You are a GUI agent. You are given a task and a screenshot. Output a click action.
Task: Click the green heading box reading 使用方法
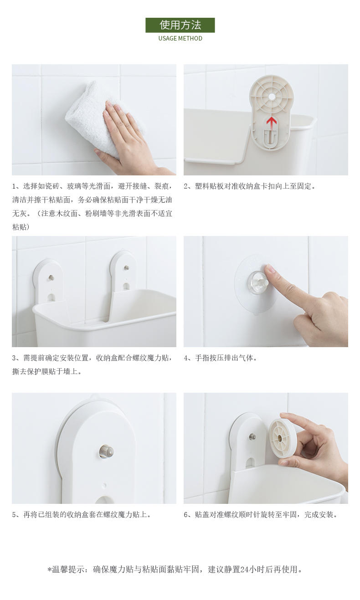click(x=180, y=25)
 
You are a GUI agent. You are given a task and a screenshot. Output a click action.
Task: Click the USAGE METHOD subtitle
click(x=180, y=38)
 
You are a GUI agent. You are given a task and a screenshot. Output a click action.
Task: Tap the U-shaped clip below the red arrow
click(x=271, y=136)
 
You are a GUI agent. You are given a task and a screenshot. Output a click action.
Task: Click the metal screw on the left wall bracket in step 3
click(x=51, y=278)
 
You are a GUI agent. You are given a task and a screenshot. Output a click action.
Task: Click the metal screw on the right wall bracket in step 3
click(x=126, y=267)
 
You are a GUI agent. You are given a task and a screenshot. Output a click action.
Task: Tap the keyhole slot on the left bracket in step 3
click(x=51, y=297)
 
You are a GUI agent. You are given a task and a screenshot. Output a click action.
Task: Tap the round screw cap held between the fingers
click(x=282, y=438)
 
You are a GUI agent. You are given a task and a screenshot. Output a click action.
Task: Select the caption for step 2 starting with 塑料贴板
click(x=250, y=186)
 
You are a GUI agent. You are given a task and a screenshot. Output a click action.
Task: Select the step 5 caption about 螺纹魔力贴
click(x=82, y=514)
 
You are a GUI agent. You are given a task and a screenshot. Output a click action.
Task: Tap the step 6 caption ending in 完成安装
click(x=261, y=514)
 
